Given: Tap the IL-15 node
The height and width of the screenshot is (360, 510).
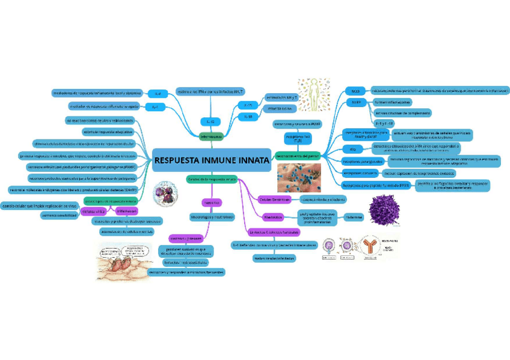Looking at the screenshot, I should [x=248, y=105].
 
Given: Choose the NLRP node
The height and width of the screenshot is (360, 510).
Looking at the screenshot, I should [x=355, y=103].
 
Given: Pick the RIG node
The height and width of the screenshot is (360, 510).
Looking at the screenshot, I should [x=352, y=148].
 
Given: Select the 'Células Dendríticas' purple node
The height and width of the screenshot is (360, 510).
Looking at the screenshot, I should [x=274, y=199].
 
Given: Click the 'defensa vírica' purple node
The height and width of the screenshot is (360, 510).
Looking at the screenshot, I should [x=94, y=212].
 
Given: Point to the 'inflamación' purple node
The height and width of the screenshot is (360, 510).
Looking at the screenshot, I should [x=127, y=211].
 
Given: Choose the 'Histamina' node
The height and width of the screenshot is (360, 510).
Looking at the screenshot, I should [x=354, y=217].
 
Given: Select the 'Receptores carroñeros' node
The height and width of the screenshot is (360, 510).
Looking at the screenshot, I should [x=360, y=174].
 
